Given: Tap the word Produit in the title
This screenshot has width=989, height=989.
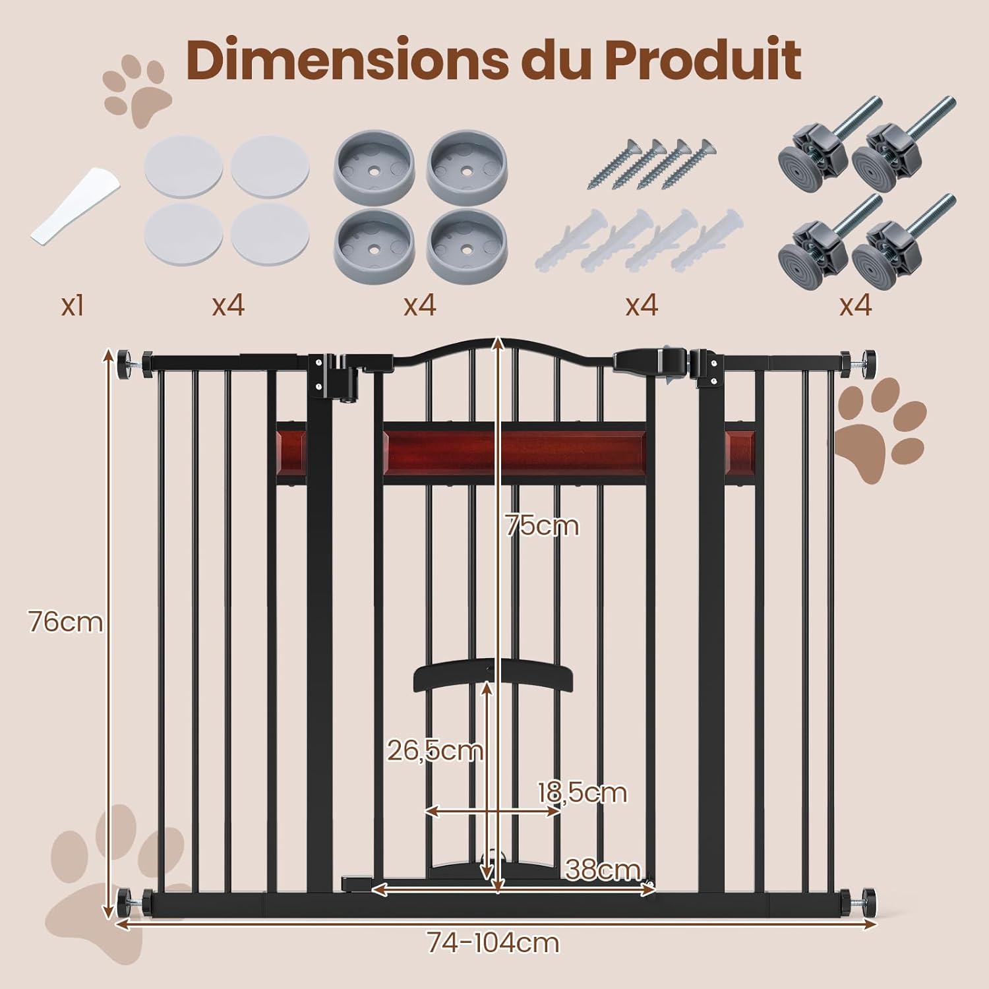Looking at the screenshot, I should tap(702, 61).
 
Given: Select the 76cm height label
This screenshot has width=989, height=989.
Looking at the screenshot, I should tap(65, 621).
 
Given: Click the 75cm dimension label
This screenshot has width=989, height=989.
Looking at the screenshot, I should tap(542, 525).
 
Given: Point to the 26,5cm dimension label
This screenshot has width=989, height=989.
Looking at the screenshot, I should tap(435, 750).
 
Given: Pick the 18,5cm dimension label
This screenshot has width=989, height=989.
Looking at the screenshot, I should tap(582, 792).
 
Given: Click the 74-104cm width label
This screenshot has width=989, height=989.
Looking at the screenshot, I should tap(493, 942).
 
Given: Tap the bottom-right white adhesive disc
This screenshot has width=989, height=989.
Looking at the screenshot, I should tap(270, 235).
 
